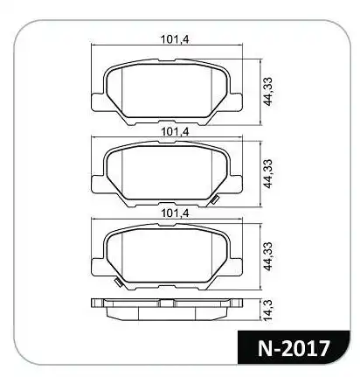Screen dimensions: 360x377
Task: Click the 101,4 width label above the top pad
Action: [x=175, y=39]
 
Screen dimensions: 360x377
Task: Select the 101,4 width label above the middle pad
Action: [x=175, y=131]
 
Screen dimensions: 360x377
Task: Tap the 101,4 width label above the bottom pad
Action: [x=175, y=213]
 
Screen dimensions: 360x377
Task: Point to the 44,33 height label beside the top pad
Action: [x=267, y=91]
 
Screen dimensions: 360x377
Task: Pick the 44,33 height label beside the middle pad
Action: [x=267, y=173]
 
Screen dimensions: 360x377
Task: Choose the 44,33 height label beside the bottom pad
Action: [x=267, y=256]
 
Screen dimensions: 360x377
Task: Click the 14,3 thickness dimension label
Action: [x=267, y=310]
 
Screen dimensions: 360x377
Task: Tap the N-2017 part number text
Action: [x=294, y=348]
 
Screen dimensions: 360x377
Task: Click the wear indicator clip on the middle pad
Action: [x=215, y=199]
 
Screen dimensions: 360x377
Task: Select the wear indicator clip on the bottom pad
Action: [x=118, y=282]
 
